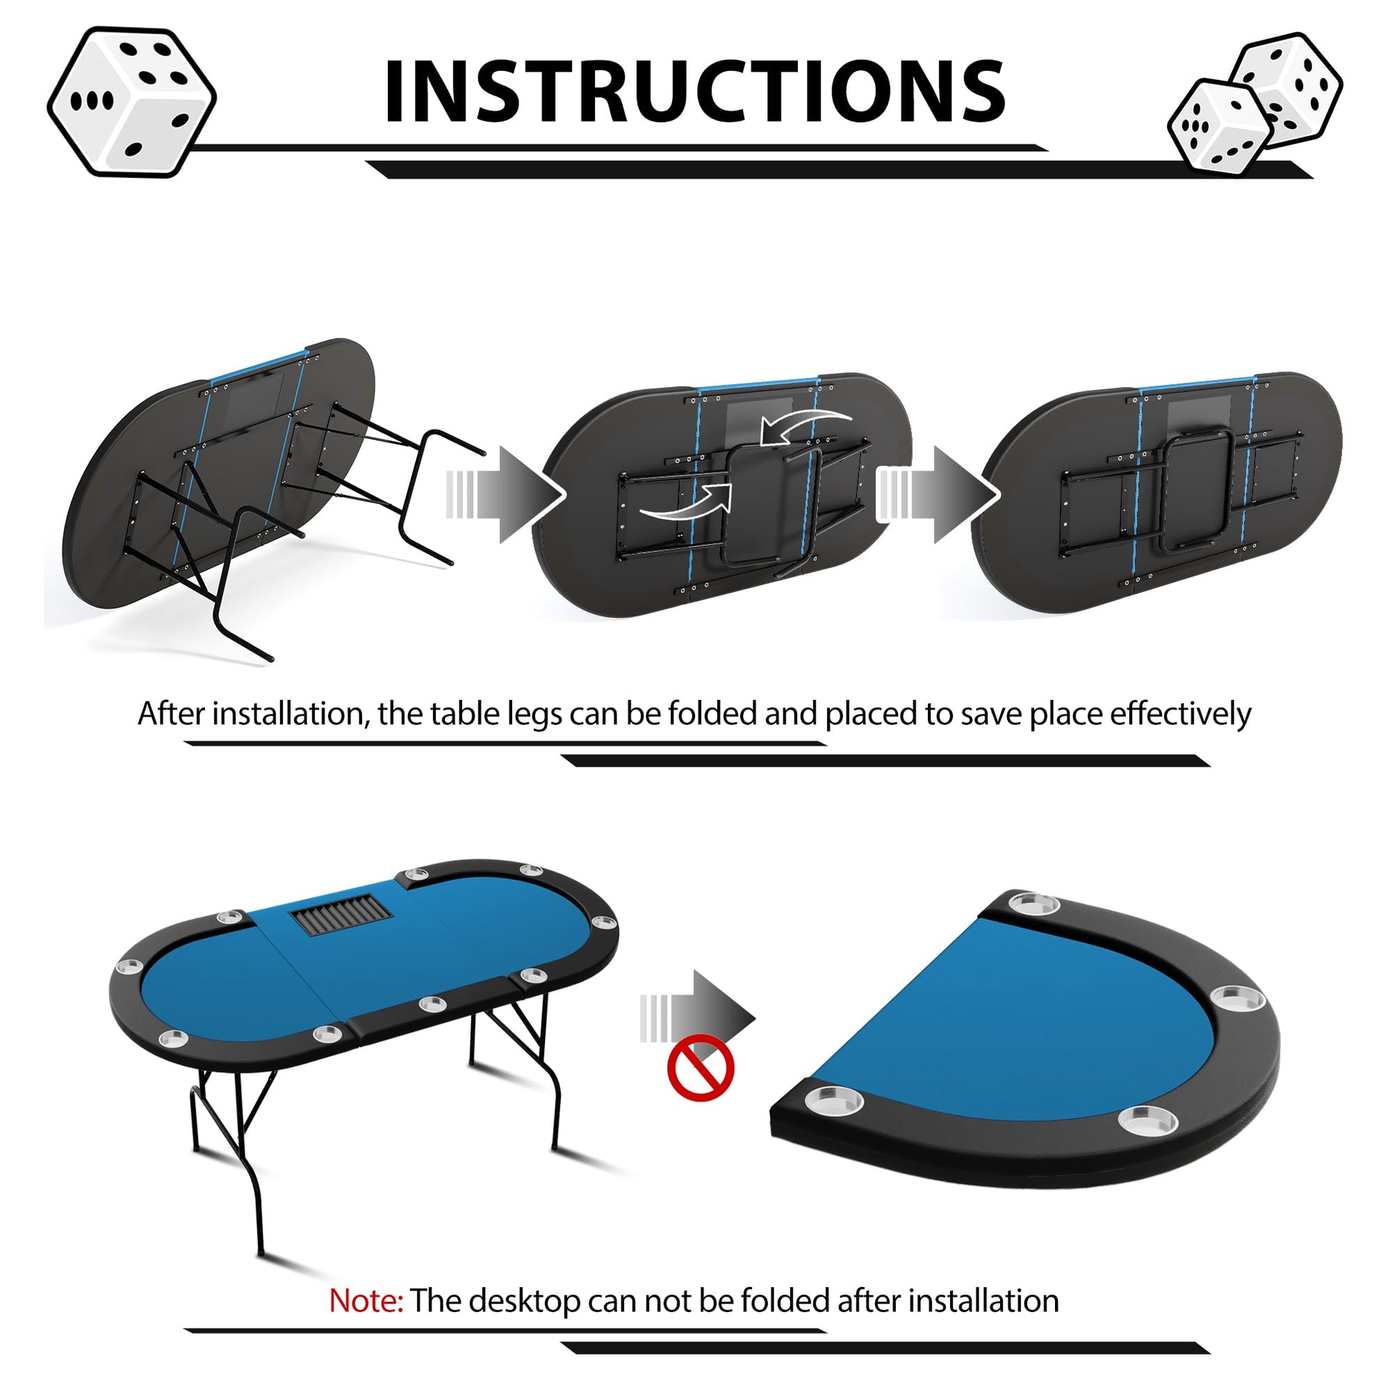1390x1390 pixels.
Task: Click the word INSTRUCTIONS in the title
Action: click(x=694, y=91)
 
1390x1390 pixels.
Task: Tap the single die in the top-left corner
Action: click(x=131, y=101)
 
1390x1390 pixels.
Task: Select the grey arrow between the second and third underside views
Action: click(x=936, y=494)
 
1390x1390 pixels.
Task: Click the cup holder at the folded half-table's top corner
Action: click(x=1034, y=903)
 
